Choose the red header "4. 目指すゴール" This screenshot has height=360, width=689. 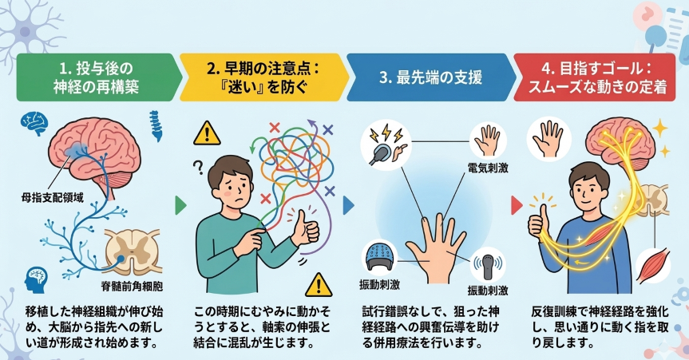599,77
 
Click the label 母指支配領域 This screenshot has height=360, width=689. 52,195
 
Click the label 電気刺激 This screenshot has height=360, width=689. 487,168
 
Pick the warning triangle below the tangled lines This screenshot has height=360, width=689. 320,283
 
